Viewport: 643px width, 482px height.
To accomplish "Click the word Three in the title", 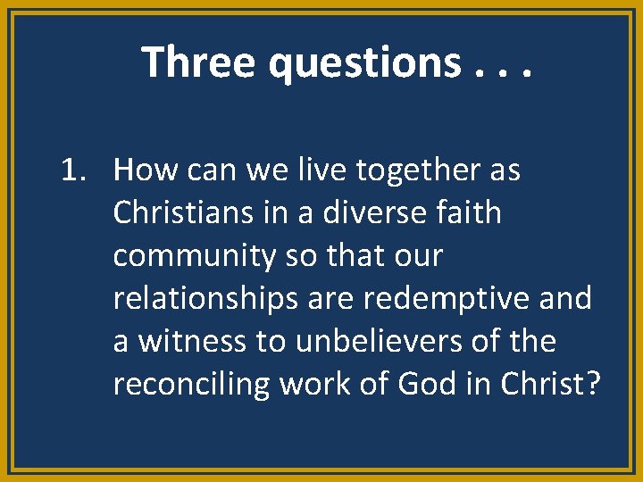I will (x=188, y=62).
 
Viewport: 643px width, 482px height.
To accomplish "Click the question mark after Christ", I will (x=592, y=384).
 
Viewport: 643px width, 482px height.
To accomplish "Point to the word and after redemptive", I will (x=566, y=299).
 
